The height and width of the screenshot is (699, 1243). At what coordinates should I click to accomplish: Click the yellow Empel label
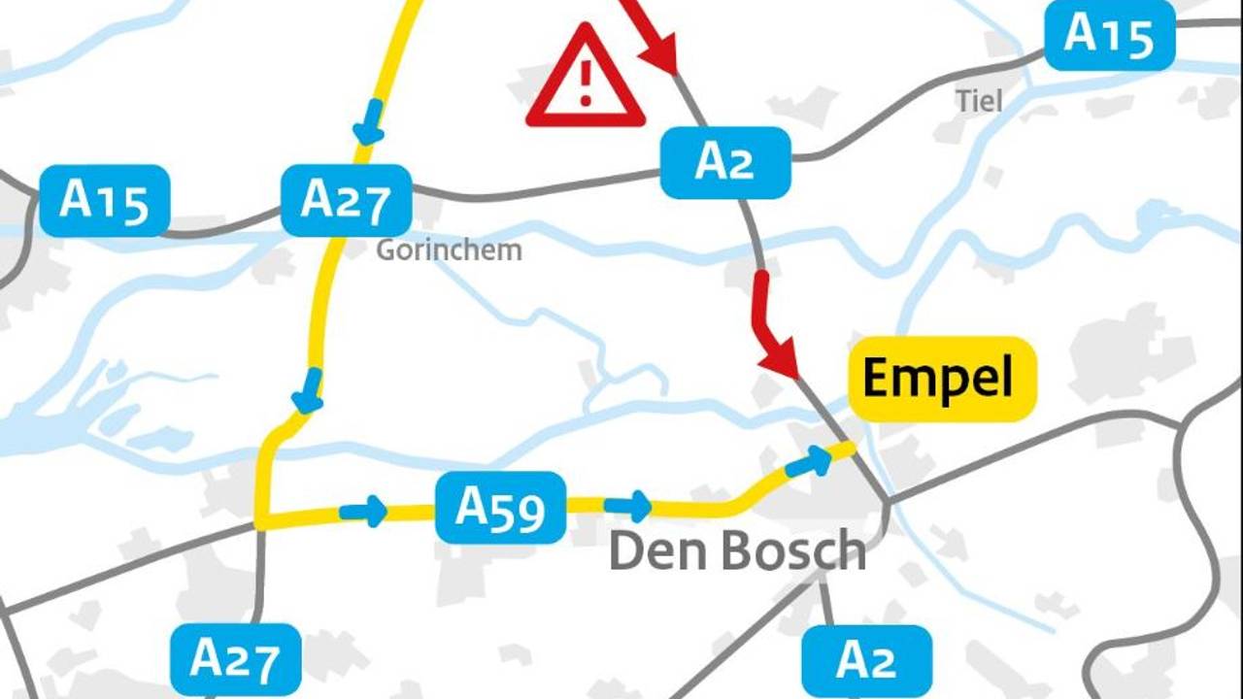938,379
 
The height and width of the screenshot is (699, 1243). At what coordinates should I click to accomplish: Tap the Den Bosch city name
737,551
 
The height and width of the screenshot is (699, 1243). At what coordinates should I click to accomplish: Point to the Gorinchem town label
449,250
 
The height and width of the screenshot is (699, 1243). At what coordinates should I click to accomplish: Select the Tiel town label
978,101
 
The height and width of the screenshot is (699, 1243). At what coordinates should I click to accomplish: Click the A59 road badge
500,507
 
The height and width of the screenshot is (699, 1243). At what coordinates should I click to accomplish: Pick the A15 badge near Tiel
1109,35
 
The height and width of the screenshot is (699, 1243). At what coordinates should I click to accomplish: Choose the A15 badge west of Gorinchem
104,201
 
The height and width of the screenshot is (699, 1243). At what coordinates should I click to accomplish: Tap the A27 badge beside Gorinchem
346,201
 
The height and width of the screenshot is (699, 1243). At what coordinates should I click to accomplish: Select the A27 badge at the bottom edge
235,659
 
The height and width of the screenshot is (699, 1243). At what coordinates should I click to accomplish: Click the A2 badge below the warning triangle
724,162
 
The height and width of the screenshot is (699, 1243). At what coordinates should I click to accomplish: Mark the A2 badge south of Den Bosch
866,660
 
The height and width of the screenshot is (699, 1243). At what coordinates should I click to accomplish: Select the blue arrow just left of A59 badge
364,511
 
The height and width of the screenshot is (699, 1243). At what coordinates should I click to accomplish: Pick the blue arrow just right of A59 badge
628,506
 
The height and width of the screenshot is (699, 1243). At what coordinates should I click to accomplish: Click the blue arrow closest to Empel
809,462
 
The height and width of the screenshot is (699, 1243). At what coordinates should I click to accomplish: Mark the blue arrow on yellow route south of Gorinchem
308,390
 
